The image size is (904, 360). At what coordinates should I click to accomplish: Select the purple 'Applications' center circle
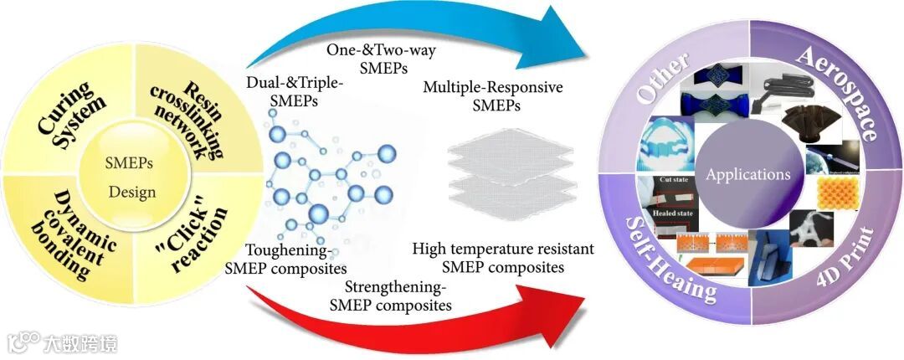tap(747, 175)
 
